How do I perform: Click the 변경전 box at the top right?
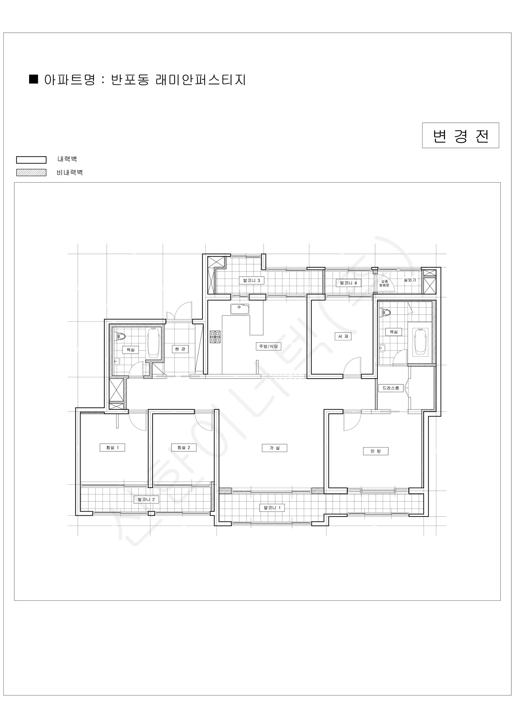(460, 135)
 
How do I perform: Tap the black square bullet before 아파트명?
(34, 79)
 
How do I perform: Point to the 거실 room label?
(274, 448)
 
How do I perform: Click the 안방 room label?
(375, 451)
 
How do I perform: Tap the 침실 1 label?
(112, 447)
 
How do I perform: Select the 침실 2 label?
(183, 447)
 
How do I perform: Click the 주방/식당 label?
(268, 346)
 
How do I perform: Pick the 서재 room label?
(343, 336)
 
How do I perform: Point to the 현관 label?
(180, 349)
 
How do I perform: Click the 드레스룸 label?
(391, 388)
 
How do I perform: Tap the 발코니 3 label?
(251, 280)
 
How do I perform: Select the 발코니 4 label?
(348, 283)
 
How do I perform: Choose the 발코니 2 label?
(146, 499)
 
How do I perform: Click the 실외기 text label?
(410, 280)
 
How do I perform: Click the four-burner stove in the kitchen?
(215, 337)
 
